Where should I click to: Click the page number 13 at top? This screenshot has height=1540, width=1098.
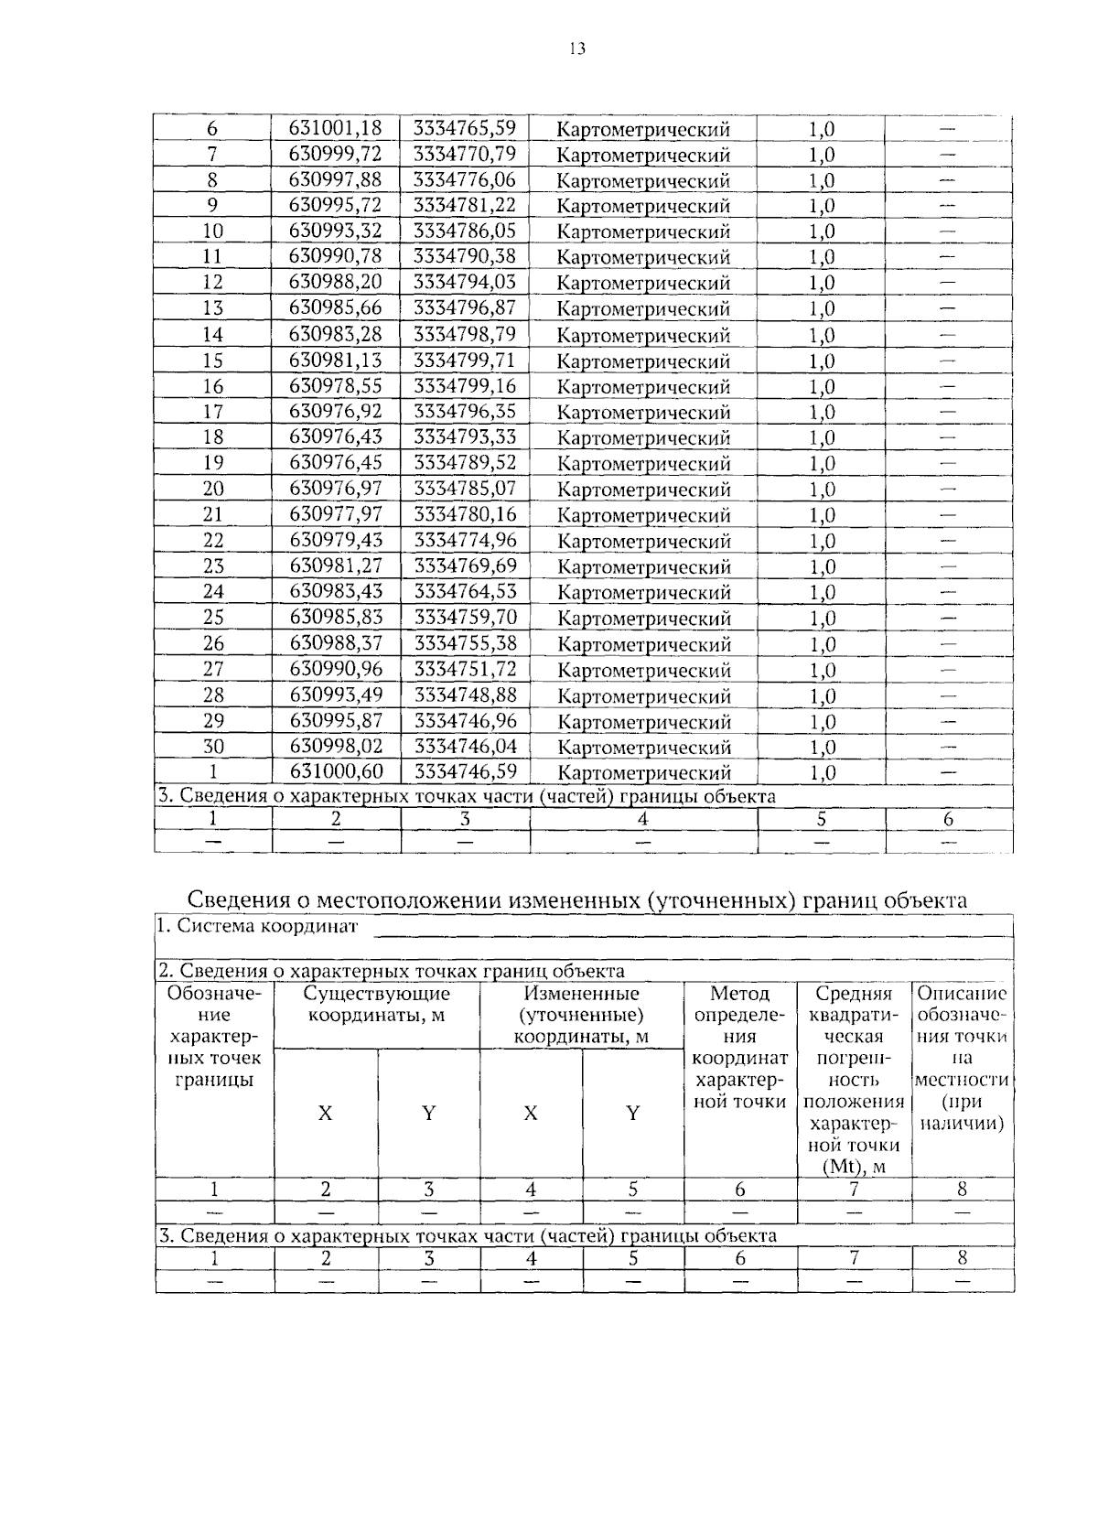[576, 49]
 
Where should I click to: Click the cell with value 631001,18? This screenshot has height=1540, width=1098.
[335, 128]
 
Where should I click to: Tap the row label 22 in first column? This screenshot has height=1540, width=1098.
[212, 541]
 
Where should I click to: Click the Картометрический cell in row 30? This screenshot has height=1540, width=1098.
[643, 748]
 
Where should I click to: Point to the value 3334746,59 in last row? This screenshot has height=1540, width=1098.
[465, 772]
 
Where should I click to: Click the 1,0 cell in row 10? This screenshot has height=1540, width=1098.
[822, 232]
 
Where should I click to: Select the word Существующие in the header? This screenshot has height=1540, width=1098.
[376, 994]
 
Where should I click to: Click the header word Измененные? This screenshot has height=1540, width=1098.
[581, 994]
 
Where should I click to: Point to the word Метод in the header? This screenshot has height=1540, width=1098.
[739, 994]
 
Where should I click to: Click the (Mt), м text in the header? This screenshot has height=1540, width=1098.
[854, 1167]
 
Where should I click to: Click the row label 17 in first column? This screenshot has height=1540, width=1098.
[212, 412]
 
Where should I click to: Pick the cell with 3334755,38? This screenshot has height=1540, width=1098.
[465, 644]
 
